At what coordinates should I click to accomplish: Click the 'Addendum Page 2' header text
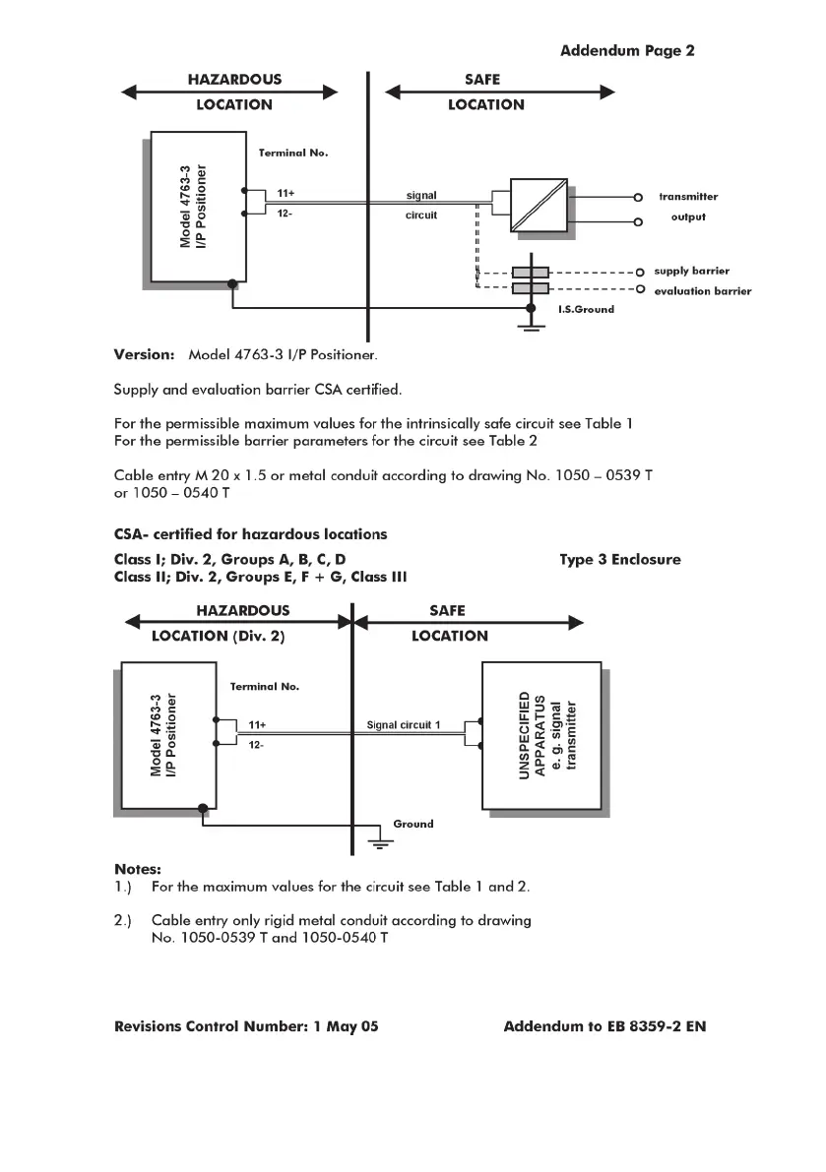coord(627,50)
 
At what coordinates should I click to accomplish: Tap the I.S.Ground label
coord(586,309)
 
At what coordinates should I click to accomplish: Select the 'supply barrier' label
coord(692,271)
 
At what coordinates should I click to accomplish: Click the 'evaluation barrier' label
coord(702,291)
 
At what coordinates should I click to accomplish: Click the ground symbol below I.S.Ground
coord(532,328)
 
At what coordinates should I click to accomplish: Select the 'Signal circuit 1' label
coord(404,725)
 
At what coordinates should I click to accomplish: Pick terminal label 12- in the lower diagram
coord(255,745)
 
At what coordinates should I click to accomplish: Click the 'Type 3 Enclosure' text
coord(620,560)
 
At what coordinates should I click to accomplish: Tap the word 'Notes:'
coord(138,869)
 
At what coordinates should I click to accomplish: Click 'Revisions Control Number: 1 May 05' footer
coord(246,1026)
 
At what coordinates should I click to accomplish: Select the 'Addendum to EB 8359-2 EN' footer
coord(604,1026)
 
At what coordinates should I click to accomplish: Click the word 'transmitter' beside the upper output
coord(688,197)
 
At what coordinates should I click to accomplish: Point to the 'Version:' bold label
coord(144,353)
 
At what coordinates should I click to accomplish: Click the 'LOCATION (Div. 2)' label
coord(218,636)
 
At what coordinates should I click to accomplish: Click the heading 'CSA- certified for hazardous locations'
coord(250,534)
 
